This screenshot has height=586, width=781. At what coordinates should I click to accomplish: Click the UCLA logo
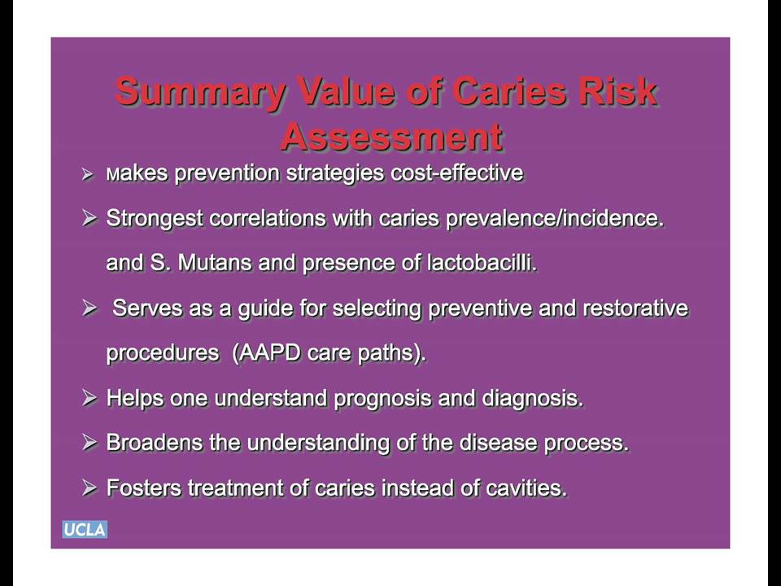coord(85,529)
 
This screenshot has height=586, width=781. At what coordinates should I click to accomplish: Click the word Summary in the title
coord(200,93)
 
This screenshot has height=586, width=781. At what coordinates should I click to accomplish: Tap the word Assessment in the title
coord(391,136)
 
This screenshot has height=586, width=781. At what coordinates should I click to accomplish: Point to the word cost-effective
coord(456,173)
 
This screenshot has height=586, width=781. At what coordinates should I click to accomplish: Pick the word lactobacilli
coord(482,263)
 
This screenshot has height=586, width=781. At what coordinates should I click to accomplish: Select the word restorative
coord(635,308)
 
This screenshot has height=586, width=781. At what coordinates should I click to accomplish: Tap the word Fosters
coord(144,488)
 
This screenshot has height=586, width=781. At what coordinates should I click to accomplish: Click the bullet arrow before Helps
coord(89,398)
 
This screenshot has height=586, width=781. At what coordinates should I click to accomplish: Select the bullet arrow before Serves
coord(89,308)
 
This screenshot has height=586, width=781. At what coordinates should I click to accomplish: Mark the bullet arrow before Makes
coord(88,174)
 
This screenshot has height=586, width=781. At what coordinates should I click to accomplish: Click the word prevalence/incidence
coord(555,219)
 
